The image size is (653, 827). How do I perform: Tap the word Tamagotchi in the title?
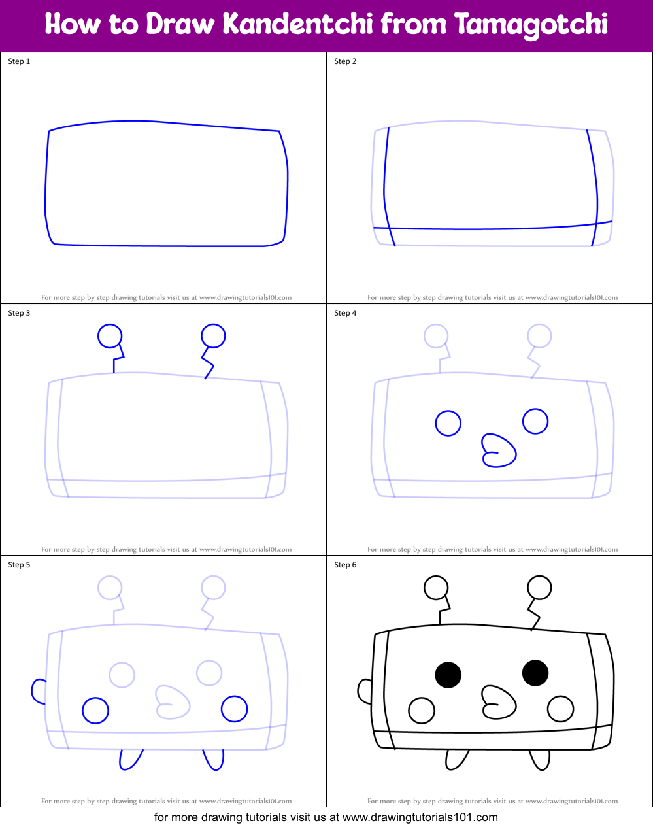(x=531, y=25)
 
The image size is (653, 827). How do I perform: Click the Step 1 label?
(x=19, y=61)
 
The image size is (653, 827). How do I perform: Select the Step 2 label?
(x=345, y=61)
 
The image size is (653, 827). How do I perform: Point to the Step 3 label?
(x=19, y=313)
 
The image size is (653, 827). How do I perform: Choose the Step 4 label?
(x=345, y=313)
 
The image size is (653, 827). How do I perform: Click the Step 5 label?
(x=19, y=565)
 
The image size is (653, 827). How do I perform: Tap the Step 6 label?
(x=345, y=565)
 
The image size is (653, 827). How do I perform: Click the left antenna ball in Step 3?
(x=110, y=336)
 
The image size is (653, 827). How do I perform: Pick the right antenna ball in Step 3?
(x=213, y=336)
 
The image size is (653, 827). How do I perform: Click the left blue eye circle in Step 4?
(x=448, y=424)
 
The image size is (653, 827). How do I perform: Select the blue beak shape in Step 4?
(x=499, y=451)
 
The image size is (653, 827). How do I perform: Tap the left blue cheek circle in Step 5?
(x=95, y=710)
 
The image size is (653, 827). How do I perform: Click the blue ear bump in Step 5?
(x=39, y=691)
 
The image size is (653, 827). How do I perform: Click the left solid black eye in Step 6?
(x=448, y=675)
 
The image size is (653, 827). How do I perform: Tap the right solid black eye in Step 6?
(x=535, y=673)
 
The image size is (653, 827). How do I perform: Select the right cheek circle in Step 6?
(x=560, y=709)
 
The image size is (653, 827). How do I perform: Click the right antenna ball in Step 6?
(x=539, y=588)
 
